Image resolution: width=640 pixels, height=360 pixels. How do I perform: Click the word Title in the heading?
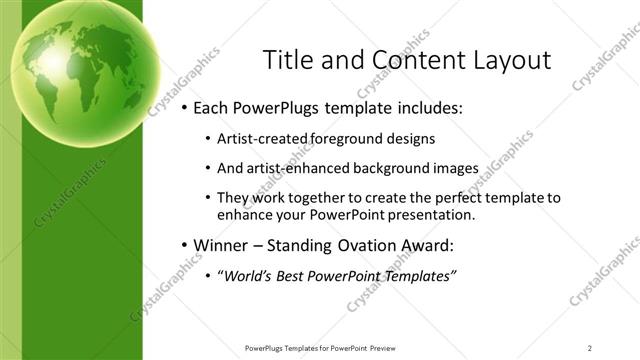[286, 60]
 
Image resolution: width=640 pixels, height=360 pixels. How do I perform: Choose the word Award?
[426, 244]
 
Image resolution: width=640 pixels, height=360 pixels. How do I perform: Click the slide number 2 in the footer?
[589, 348]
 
